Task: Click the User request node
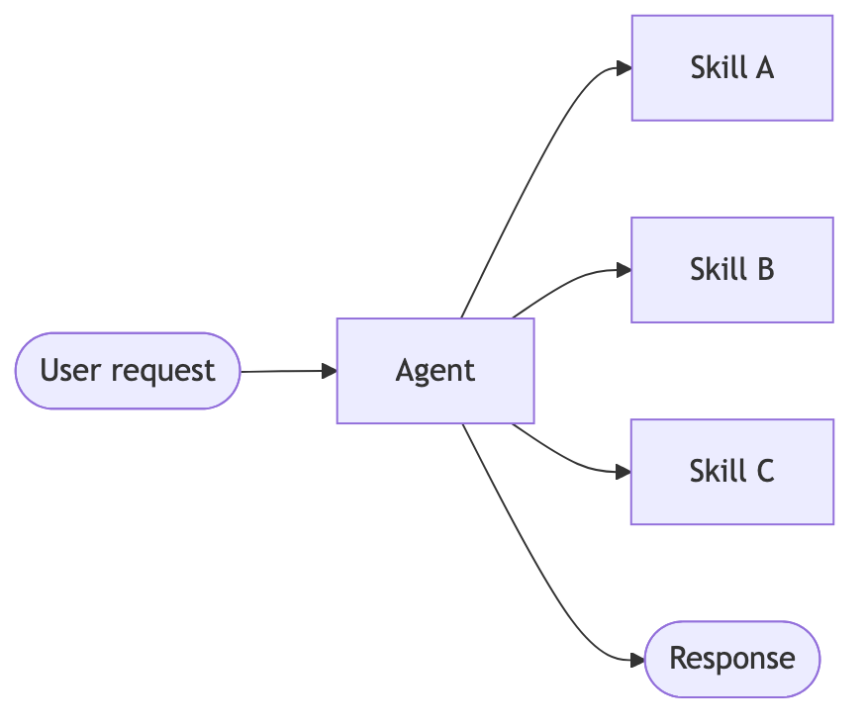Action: [128, 371]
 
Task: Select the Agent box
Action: [435, 371]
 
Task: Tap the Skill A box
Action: [732, 68]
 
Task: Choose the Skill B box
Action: [732, 270]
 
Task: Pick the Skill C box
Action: [732, 472]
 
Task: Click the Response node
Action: [732, 659]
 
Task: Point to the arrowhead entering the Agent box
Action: [330, 371]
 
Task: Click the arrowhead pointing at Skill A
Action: [624, 68]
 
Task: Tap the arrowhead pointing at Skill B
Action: [624, 270]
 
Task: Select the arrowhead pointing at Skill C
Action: [624, 472]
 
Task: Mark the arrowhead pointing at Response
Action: [636, 659]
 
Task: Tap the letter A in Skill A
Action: [763, 68]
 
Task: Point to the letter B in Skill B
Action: [763, 270]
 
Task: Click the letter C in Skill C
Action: [763, 472]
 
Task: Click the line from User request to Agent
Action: [282, 372]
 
